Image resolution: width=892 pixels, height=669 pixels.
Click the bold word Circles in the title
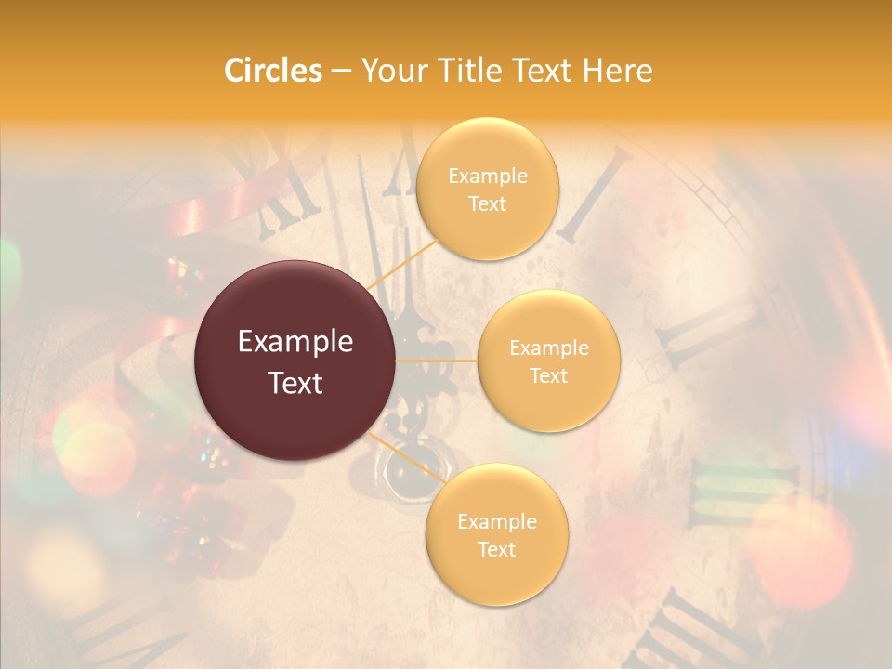point(272,71)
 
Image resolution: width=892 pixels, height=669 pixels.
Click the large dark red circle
point(295,361)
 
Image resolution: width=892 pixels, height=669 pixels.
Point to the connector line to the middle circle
point(437,360)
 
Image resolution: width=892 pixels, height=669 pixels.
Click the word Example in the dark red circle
point(295,342)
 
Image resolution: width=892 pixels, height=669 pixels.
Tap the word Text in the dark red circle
point(295,383)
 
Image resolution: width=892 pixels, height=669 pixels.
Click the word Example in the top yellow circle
point(487,176)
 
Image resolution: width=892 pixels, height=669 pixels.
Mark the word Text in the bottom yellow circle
point(496,549)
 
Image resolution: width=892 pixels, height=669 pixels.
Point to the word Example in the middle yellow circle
point(548,348)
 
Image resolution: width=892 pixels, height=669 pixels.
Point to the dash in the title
point(340,72)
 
